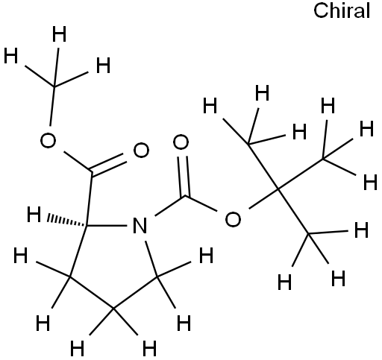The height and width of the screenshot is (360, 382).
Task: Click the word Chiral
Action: coord(342,11)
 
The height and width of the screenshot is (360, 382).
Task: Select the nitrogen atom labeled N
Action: coord(140,226)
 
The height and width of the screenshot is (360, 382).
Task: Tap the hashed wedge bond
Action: coord(66,220)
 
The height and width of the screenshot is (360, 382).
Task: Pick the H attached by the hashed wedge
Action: coord(34,214)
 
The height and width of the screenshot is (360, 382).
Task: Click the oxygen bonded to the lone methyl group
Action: coord(48,140)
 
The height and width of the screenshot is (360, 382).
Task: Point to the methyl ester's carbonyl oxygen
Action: coord(141,150)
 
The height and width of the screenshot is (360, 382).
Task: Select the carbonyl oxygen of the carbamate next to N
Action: coord(181,142)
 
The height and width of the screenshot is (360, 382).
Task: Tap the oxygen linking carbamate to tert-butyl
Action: coord(233,219)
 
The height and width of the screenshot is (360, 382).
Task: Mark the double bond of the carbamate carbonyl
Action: coord(184,176)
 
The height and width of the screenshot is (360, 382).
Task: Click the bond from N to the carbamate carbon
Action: coord(170,206)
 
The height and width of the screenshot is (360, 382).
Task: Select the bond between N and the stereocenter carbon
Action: coord(107,226)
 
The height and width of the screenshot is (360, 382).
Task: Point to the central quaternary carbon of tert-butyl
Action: coord(278,190)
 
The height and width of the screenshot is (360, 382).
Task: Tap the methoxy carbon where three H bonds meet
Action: coord(54,86)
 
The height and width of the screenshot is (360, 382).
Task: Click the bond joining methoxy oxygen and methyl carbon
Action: coord(52,107)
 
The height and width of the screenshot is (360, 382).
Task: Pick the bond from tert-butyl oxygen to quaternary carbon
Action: coord(263,199)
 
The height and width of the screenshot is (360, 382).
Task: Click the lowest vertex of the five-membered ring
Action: coord(113,309)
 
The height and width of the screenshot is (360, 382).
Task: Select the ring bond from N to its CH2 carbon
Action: coord(151,259)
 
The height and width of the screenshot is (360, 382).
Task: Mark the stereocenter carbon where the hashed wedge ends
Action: coord(86,226)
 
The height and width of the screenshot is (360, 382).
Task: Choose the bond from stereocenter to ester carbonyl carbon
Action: coord(89,199)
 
